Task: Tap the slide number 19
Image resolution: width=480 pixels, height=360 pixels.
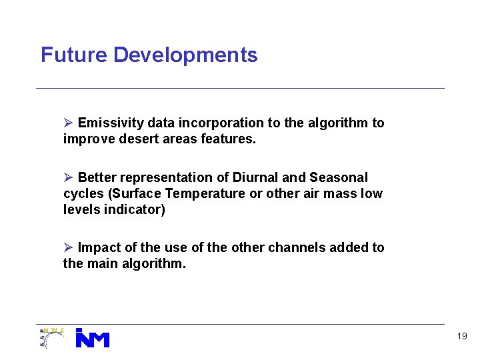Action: pyautogui.click(x=462, y=337)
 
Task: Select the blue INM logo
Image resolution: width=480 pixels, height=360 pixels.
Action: pyautogui.click(x=92, y=338)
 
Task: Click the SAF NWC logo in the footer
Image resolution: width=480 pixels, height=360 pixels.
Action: pyautogui.click(x=51, y=337)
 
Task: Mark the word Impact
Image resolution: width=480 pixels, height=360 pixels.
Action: pyautogui.click(x=98, y=247)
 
